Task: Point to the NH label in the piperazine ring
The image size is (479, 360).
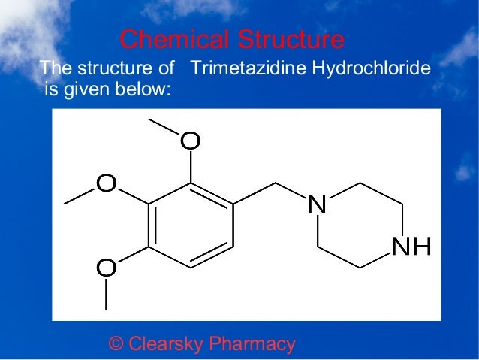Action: tap(411, 247)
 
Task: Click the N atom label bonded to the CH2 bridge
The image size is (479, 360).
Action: tap(318, 203)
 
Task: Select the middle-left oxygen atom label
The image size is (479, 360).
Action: tap(107, 183)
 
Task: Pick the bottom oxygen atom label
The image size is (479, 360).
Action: tap(107, 267)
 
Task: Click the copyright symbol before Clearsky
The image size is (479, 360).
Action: tap(116, 345)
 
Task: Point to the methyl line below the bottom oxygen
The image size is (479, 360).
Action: tap(107, 294)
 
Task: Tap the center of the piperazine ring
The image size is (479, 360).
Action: tap(360, 224)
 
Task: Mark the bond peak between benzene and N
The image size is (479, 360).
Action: tap(276, 183)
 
